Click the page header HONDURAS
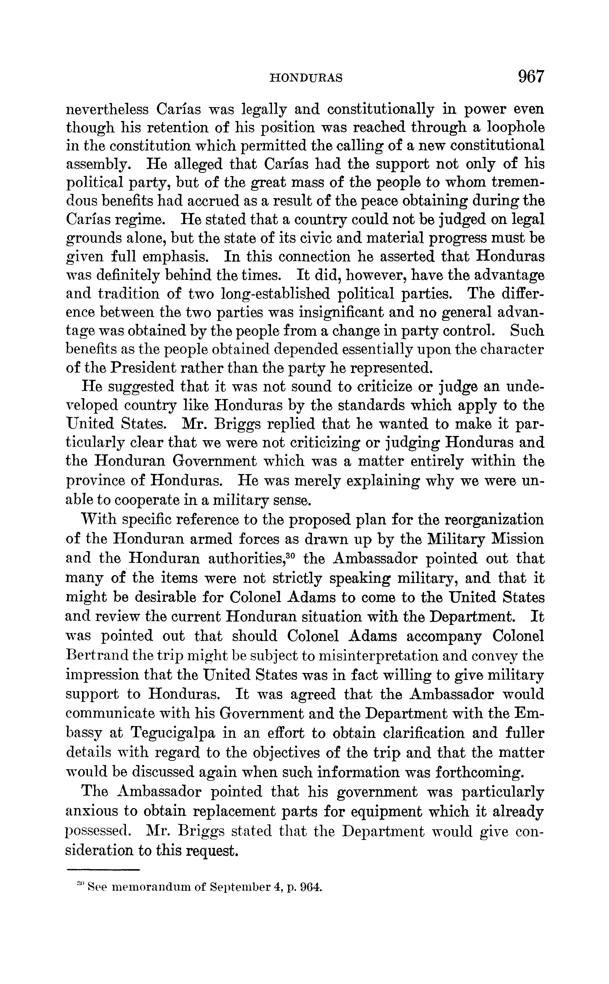point(306,78)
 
